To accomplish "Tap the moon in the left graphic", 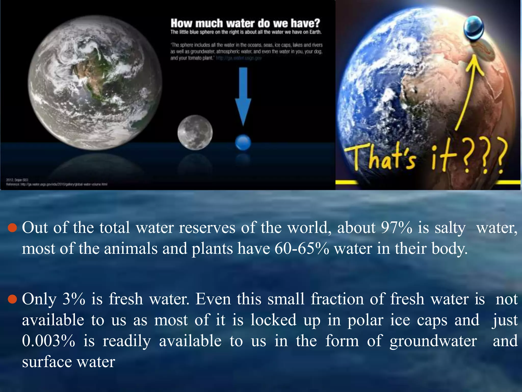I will point(195,132).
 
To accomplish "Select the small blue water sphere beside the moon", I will point(243,142).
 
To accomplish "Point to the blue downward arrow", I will point(243,97).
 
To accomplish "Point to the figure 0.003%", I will point(48,341).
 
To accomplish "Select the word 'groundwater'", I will point(433,341).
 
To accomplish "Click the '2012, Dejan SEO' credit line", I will point(17,180).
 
